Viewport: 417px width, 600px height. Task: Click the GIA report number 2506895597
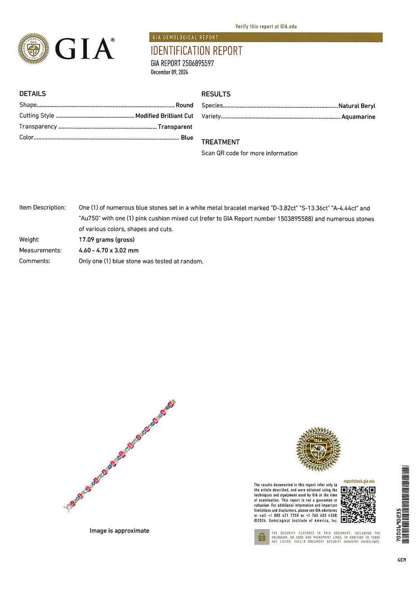182,63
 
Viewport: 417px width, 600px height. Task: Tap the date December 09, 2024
169,72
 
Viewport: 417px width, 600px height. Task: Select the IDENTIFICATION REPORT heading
196,51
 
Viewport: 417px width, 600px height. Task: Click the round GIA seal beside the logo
33,49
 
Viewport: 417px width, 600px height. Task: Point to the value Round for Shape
184,105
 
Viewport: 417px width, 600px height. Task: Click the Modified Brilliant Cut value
164,116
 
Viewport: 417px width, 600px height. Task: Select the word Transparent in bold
175,127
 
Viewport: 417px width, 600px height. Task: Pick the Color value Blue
187,138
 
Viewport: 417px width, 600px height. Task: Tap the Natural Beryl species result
357,106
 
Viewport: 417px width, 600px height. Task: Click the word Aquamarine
358,117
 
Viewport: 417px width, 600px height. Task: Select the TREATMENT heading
221,142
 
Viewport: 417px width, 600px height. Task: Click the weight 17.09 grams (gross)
106,240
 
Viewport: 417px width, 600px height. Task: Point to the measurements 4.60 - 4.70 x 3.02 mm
108,250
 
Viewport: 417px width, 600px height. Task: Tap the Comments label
35,261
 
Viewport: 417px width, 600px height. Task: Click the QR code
358,504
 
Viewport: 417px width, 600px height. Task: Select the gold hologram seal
318,449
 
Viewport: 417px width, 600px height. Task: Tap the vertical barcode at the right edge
405,504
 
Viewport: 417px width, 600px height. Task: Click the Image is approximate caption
119,531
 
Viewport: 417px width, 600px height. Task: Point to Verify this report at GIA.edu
266,27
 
